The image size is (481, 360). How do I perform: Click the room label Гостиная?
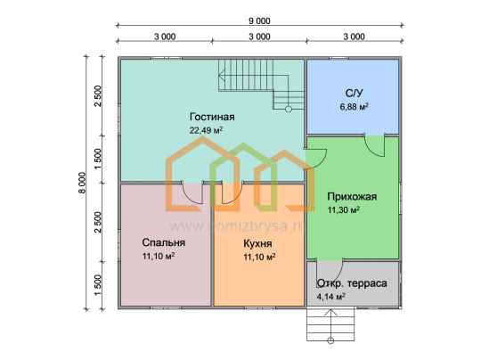click(212, 117)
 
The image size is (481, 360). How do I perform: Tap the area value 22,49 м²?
click(206, 130)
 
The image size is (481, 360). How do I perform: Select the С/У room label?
click(354, 93)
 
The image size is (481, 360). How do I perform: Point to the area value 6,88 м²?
click(354, 107)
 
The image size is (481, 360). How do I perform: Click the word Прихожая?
click(352, 196)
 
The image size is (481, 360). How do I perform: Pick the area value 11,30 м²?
click(344, 210)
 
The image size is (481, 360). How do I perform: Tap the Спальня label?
click(164, 242)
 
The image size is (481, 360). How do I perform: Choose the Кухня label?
click(257, 243)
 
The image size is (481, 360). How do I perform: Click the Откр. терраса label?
click(352, 283)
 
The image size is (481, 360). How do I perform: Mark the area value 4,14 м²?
click(331, 297)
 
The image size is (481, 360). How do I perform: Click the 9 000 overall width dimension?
click(259, 20)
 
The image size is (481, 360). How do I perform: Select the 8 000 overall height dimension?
click(82, 184)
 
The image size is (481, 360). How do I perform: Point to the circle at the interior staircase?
click(289, 109)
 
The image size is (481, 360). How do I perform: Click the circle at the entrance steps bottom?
click(330, 340)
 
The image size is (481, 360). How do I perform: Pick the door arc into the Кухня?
click(237, 198)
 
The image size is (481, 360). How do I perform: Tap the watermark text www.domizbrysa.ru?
click(237, 226)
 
